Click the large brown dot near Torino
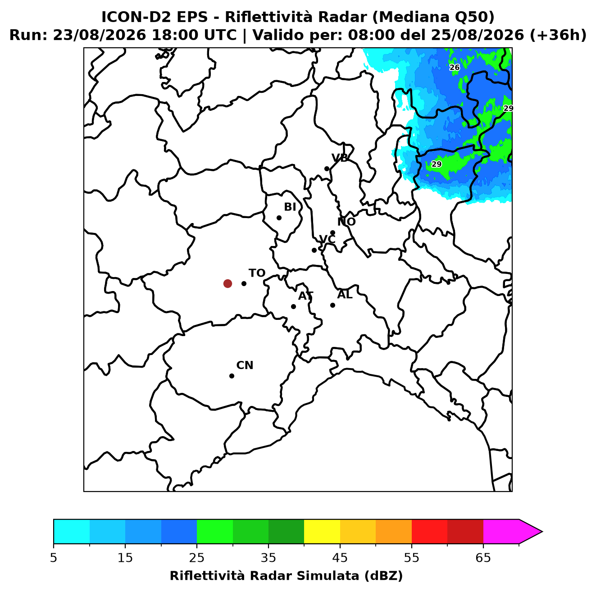[x=227, y=283]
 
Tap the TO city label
[x=257, y=273]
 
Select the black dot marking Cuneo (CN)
[x=232, y=376]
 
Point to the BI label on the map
[x=290, y=207]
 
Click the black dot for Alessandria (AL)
[x=332, y=305]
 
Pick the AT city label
[x=305, y=296]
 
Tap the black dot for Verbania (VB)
[x=327, y=168]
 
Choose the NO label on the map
[x=346, y=222]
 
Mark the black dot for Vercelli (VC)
[x=314, y=250]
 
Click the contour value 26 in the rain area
[x=454, y=68]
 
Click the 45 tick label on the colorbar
[x=340, y=558]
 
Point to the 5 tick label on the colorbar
[x=54, y=558]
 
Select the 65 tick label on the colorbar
[x=483, y=558]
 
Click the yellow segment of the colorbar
[x=322, y=532]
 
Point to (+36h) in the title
[x=558, y=35]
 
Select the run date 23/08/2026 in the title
[x=99, y=35]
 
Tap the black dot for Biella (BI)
[x=279, y=218]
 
